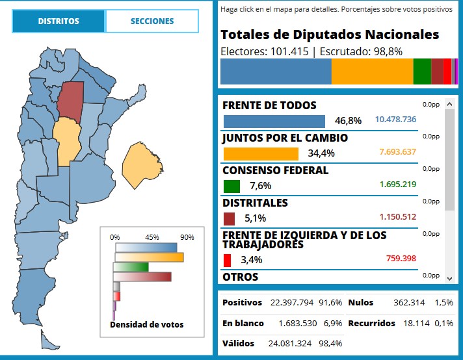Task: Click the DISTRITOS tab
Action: pos(59,21)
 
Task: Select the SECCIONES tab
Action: pos(152,21)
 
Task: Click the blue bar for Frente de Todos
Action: pos(274,121)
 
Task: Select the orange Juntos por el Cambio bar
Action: pos(260,153)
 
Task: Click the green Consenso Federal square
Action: pos(231,186)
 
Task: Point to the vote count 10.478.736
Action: pos(395,120)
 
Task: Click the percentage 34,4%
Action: pos(321,153)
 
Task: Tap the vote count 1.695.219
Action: pos(398,185)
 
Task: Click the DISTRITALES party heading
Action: pos(255,203)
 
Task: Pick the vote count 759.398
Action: pos(401,259)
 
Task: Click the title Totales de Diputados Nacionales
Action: pos(330,35)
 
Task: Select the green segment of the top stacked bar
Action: pos(421,71)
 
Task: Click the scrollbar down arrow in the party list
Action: pos(449,277)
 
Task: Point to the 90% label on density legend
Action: pos(187,237)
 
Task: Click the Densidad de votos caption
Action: pos(146,324)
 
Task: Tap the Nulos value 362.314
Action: pos(409,303)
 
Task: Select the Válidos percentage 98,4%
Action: pos(329,343)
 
